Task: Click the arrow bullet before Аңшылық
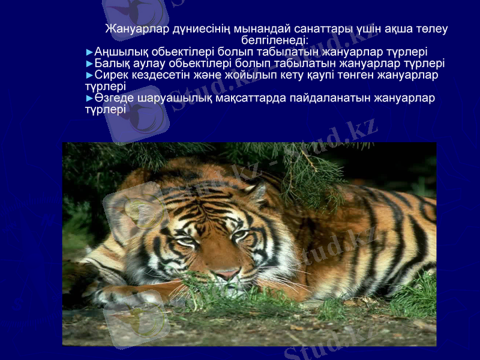[x=90, y=52]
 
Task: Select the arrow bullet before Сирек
[x=90, y=75]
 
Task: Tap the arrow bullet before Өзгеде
[x=90, y=98]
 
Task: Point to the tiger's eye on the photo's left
[x=187, y=241]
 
